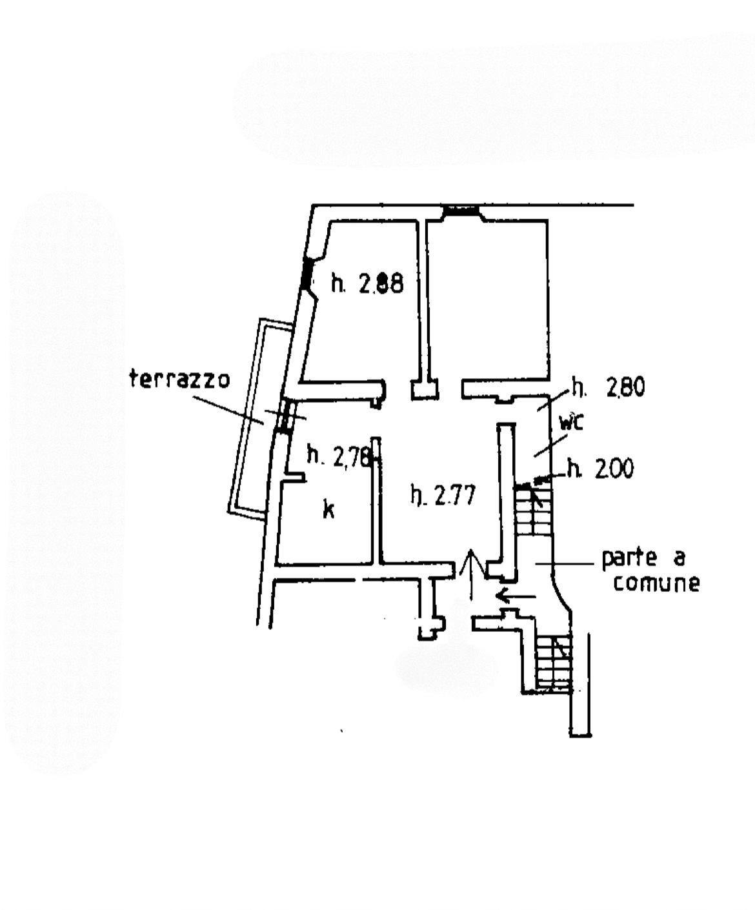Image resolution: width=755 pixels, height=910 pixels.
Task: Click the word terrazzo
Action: click(179, 380)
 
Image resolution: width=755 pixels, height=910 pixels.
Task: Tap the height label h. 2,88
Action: click(367, 283)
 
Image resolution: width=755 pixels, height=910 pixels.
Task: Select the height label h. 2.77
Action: click(443, 495)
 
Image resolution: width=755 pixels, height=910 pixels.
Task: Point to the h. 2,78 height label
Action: click(339, 456)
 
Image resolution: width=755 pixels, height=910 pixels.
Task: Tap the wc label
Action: click(571, 422)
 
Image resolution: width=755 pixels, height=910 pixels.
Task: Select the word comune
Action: click(656, 583)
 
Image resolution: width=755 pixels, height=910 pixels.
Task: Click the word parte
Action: click(629, 559)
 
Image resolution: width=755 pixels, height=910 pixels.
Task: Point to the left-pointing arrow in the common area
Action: click(516, 596)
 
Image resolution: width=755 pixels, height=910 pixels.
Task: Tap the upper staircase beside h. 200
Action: click(532, 510)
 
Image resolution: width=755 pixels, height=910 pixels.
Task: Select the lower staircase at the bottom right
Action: click(554, 663)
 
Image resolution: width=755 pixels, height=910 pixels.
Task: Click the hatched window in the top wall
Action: click(461, 212)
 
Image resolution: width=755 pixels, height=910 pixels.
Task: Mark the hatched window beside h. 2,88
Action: click(307, 274)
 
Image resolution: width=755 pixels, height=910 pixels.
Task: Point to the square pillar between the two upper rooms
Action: click(424, 390)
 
